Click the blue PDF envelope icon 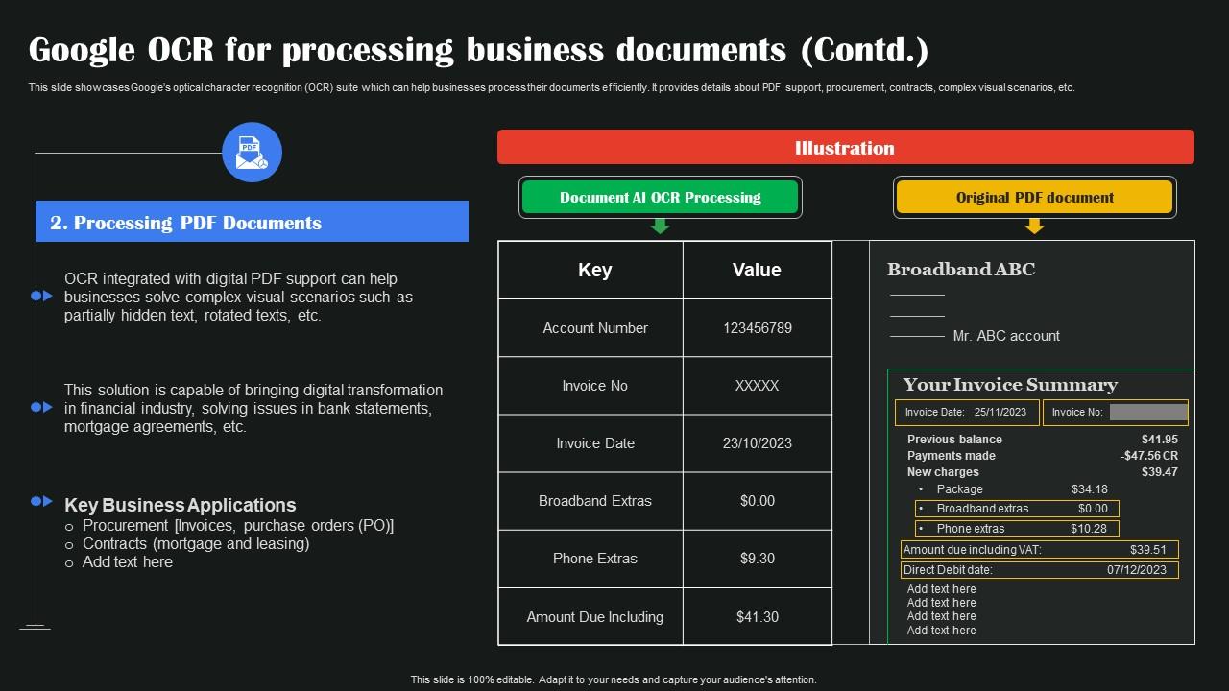click(x=252, y=153)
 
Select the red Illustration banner click(x=845, y=148)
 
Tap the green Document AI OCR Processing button click(x=660, y=198)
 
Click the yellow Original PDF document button click(x=1034, y=198)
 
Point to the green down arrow click(x=660, y=226)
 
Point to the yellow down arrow click(x=1034, y=226)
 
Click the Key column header click(x=594, y=270)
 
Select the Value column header click(x=757, y=270)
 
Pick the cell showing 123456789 click(x=757, y=328)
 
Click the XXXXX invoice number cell click(x=757, y=386)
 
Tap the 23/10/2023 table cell click(x=757, y=443)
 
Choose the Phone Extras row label click(x=594, y=559)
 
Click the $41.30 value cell click(x=757, y=617)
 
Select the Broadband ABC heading click(x=961, y=270)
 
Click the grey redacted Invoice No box click(x=1148, y=413)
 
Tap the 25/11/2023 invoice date click(x=1000, y=413)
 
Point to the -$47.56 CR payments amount click(x=1149, y=456)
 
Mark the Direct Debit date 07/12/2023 click(x=1136, y=570)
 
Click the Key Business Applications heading click(x=181, y=505)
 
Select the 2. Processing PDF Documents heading click(x=186, y=223)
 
